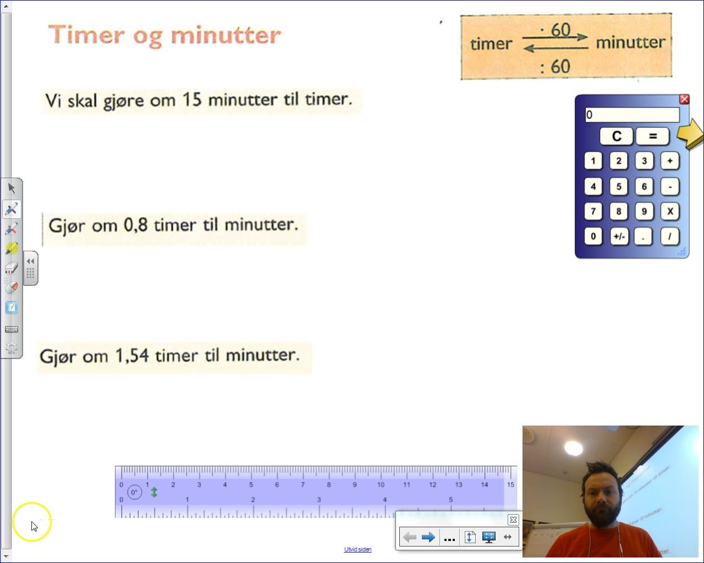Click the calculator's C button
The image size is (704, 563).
(x=616, y=136)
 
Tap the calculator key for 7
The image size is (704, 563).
(x=593, y=211)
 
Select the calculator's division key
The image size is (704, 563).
(x=669, y=236)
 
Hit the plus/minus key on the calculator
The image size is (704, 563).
(x=619, y=236)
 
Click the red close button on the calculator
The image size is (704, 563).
(x=684, y=99)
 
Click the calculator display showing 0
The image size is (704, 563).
(x=632, y=115)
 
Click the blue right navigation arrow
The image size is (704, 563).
(x=428, y=537)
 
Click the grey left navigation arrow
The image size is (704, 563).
(x=409, y=537)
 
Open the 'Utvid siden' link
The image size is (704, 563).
(x=358, y=549)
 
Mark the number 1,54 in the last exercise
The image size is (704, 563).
(x=132, y=356)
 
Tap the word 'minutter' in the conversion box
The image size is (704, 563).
(x=630, y=42)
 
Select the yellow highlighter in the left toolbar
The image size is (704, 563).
(x=12, y=249)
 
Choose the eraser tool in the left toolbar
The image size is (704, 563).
(x=12, y=268)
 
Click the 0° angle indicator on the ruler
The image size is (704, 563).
(x=134, y=492)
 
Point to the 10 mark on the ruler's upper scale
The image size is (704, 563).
(x=381, y=484)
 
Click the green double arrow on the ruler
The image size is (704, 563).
(x=154, y=492)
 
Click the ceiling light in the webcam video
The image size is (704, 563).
(x=573, y=448)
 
